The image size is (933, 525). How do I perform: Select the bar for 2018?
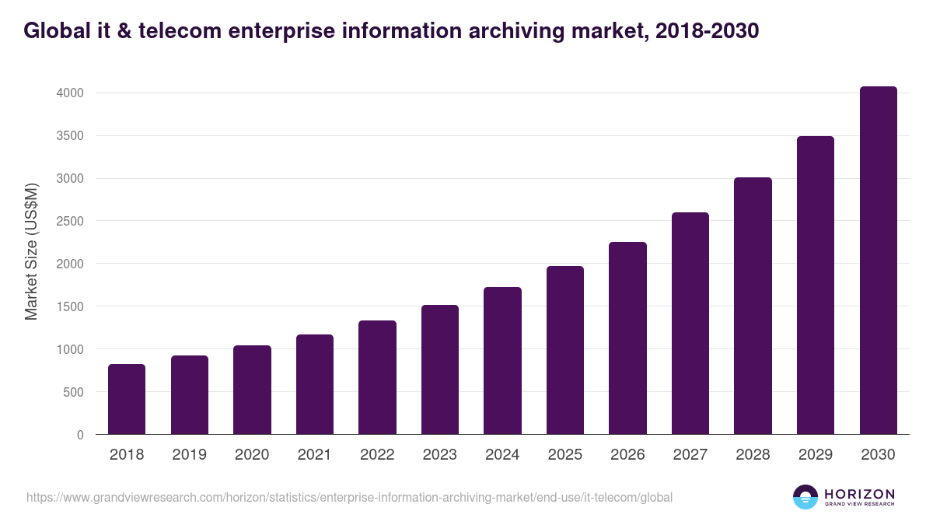pyautogui.click(x=127, y=399)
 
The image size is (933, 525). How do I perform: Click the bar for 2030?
pyautogui.click(x=878, y=261)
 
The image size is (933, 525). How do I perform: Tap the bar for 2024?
pyautogui.click(x=502, y=361)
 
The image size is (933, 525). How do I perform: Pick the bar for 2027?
pyautogui.click(x=690, y=324)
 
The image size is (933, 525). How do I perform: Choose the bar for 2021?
pyautogui.click(x=315, y=384)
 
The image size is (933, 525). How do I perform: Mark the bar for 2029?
pyautogui.click(x=816, y=285)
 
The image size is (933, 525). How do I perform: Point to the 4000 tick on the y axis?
pyautogui.click(x=68, y=93)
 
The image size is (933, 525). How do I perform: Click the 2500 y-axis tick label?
pyautogui.click(x=68, y=221)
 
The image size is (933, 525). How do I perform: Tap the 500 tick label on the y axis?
pyautogui.click(x=73, y=392)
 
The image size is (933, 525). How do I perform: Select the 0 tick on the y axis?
pyautogui.click(x=80, y=435)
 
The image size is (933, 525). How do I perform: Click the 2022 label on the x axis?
pyautogui.click(x=377, y=455)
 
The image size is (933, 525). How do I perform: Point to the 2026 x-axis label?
pyautogui.click(x=627, y=455)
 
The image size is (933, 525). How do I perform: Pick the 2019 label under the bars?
pyautogui.click(x=189, y=455)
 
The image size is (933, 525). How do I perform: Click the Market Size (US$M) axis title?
pyautogui.click(x=31, y=252)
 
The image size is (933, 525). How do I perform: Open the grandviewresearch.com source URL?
pyautogui.click(x=349, y=497)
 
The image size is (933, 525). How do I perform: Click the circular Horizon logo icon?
pyautogui.click(x=805, y=497)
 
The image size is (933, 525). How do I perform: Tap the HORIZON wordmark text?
pyautogui.click(x=859, y=493)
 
